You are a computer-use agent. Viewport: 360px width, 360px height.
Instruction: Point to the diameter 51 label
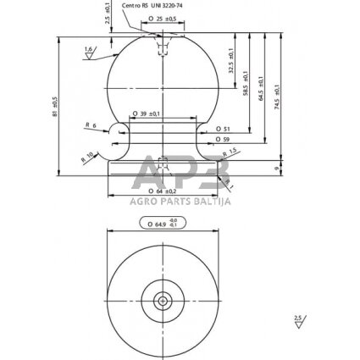[x=224, y=128]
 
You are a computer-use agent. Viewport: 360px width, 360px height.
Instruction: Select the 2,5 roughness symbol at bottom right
[x=297, y=321]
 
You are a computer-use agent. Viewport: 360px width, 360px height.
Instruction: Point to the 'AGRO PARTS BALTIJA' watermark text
[x=180, y=200]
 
